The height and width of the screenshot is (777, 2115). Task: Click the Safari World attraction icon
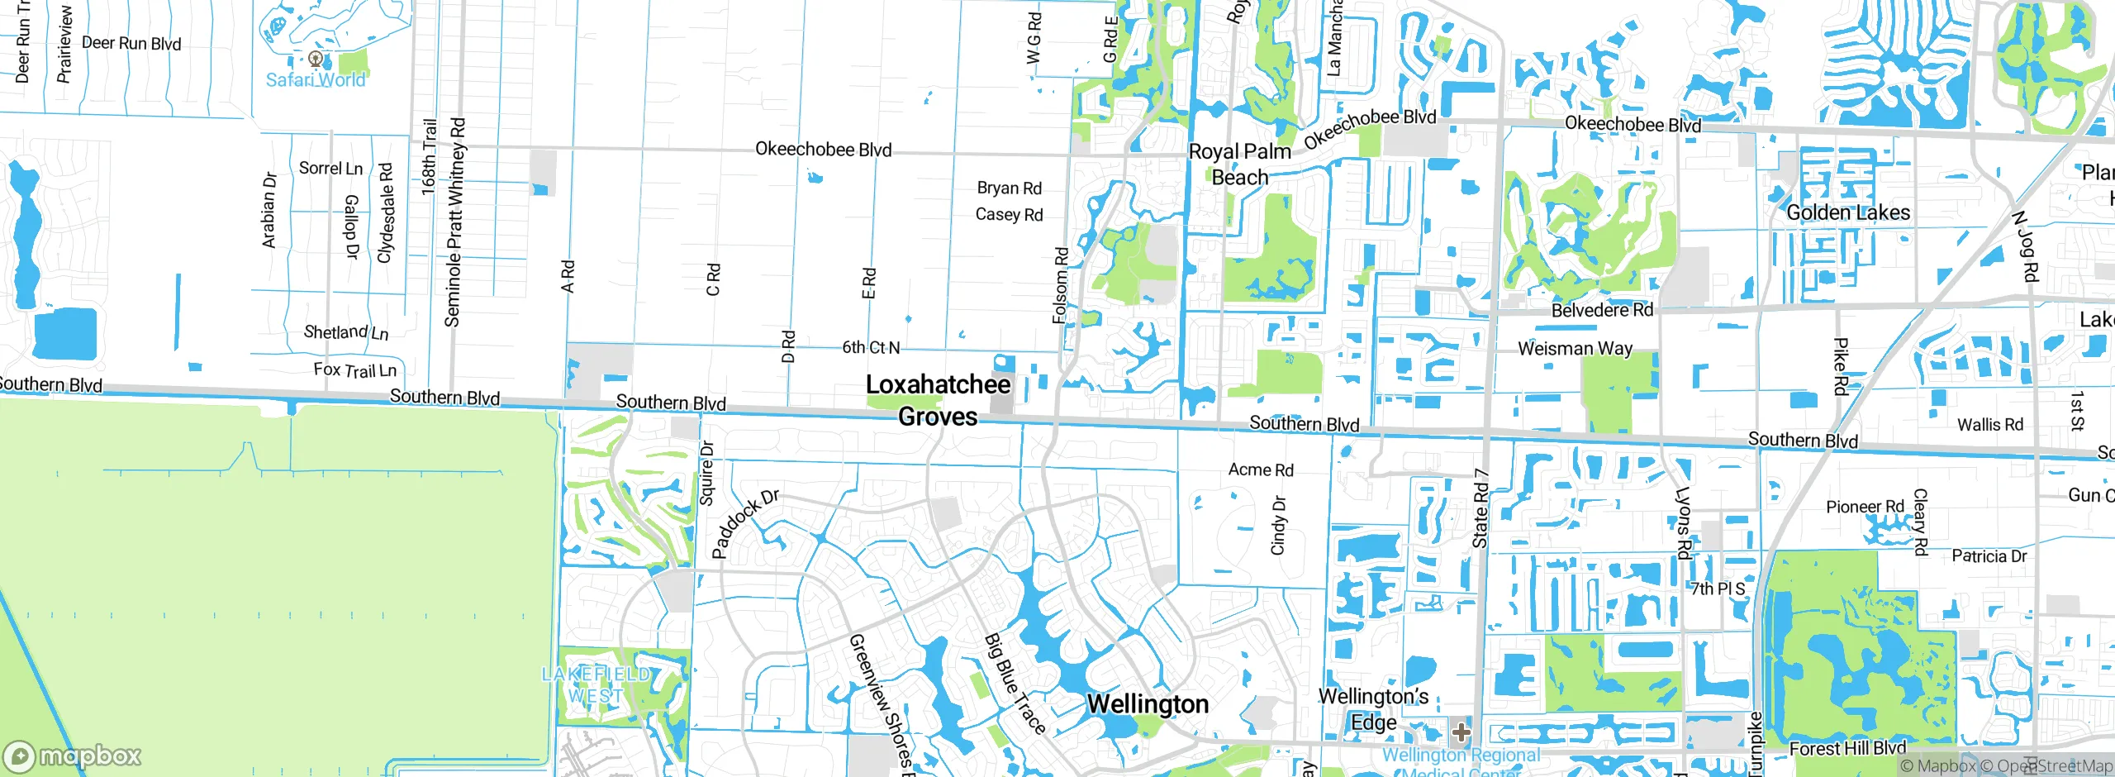pos(316,59)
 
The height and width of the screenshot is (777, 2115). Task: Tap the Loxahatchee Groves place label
pos(938,400)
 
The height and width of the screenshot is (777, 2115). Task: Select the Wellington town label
pos(1148,704)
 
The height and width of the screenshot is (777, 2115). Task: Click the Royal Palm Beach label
pos(1239,164)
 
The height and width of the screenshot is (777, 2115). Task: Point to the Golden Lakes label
pos(1848,212)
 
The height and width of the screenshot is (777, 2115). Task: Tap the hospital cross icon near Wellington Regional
pos(1461,732)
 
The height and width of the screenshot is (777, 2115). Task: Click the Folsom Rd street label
pos(1061,285)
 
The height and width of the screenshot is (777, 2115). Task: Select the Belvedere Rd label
pos(1602,310)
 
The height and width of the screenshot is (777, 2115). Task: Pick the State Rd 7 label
pos(1480,508)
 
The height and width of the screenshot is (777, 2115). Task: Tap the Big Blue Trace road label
pos(1015,684)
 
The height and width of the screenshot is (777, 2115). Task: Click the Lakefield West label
pos(595,685)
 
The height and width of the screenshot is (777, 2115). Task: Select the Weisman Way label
pos(1575,348)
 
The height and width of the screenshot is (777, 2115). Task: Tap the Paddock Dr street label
pos(744,523)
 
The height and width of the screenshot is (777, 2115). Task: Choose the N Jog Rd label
pos(2025,246)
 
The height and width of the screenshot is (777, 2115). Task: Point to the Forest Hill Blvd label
pos(1847,749)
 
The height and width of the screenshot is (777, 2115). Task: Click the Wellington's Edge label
pos(1373,709)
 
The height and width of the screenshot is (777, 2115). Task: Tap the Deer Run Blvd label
pos(131,43)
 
